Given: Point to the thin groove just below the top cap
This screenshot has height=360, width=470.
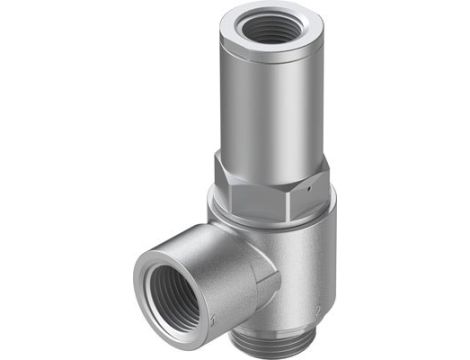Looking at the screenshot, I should click(x=268, y=60).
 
